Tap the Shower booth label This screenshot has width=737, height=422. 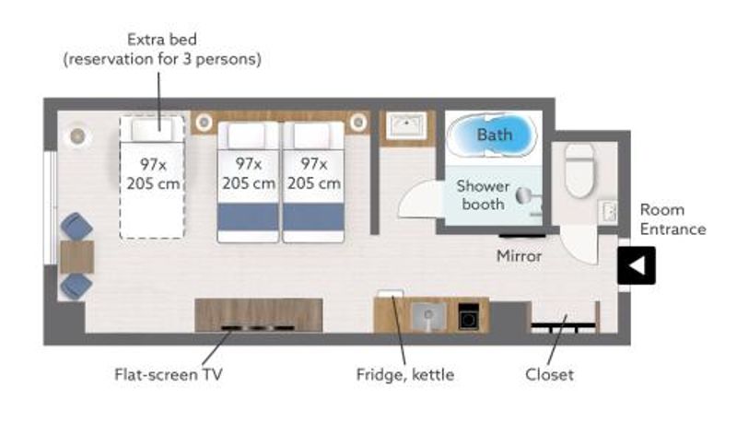483,195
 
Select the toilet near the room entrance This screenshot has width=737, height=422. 580,170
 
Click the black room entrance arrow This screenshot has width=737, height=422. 637,265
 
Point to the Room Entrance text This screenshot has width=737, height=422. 673,219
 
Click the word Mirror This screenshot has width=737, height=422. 519,256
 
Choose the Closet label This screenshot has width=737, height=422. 549,374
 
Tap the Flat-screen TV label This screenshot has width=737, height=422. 169,374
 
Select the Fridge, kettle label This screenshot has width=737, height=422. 405,374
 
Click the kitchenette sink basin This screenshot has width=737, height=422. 428,316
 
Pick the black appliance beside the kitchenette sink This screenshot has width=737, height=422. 468,316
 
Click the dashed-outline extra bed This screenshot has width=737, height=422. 152,177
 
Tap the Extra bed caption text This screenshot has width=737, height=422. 162,50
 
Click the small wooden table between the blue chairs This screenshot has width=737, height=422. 77,256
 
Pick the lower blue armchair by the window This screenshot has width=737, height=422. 76,287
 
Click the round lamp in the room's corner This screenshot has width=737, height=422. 77,136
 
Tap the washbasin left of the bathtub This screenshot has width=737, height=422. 406,125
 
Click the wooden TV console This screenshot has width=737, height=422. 259,315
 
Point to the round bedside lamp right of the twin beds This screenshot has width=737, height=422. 358,123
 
